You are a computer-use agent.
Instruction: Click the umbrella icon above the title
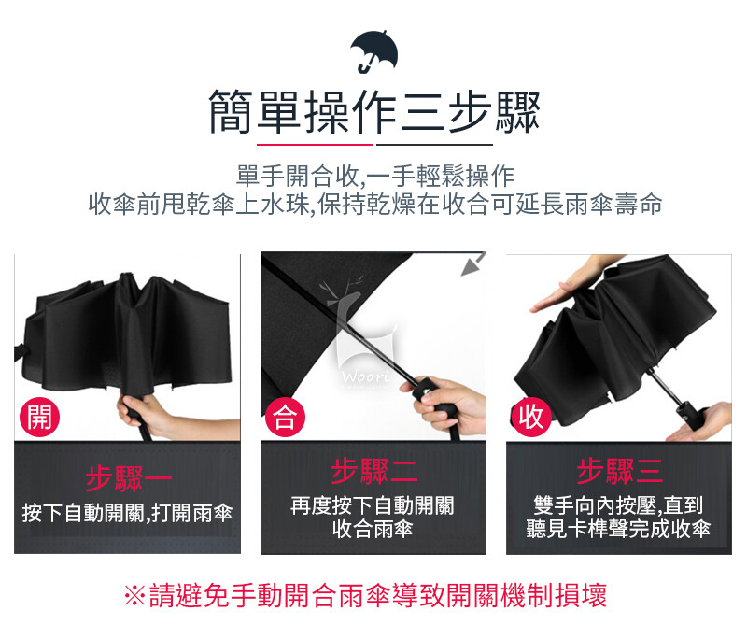[374, 51]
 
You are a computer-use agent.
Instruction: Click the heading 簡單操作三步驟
[374, 112]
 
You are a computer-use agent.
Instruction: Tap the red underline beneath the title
[315, 144]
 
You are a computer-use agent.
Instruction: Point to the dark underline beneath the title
[434, 144]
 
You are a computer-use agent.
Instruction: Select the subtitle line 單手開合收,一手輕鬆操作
[375, 177]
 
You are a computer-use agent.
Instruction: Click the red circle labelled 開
[39, 418]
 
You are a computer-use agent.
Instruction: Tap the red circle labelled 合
[285, 418]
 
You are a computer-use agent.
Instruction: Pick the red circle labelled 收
[531, 418]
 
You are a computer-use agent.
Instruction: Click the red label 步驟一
[128, 478]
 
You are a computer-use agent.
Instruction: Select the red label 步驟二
[374, 471]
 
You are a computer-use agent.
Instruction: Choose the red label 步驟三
[619, 471]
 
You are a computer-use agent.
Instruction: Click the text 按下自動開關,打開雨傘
[127, 514]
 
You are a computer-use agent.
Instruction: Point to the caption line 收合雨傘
[373, 529]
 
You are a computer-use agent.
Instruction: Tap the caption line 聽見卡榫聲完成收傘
[618, 529]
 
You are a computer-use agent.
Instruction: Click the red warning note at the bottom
[365, 595]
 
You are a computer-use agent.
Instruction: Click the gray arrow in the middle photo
[472, 264]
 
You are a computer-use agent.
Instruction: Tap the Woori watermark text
[365, 377]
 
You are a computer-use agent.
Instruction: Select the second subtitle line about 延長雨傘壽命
[375, 204]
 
